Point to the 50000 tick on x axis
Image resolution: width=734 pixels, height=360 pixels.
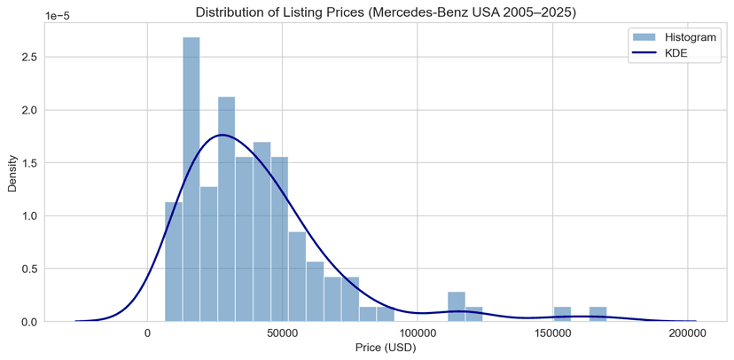[x=282, y=333]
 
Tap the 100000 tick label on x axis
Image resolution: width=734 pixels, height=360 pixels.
[x=417, y=333]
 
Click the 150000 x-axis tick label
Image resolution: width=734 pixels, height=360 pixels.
[x=552, y=333]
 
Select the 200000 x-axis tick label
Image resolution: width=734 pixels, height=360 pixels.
[x=688, y=333]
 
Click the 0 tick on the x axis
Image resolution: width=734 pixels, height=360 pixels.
[x=147, y=333]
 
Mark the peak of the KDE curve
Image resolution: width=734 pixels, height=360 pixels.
[x=222, y=135]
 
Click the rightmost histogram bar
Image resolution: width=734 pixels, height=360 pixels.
[x=597, y=314]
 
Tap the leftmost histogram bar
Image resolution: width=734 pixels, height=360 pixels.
[x=174, y=262]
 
